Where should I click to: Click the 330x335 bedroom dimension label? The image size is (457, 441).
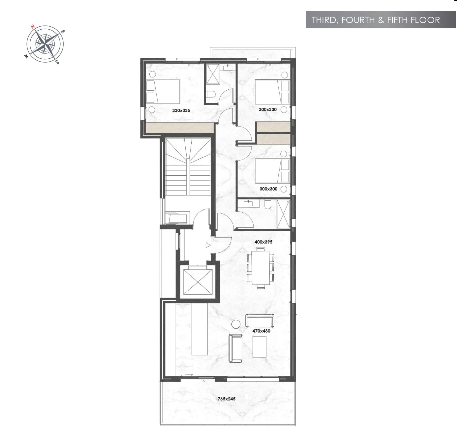(x=181, y=110)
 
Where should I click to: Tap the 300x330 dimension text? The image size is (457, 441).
(x=267, y=109)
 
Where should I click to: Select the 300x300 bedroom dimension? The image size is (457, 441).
(x=268, y=189)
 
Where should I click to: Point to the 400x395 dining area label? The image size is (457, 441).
(x=263, y=242)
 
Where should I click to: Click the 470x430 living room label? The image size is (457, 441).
(x=261, y=331)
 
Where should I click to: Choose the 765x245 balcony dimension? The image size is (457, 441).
(x=227, y=399)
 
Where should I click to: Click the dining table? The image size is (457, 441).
(x=260, y=268)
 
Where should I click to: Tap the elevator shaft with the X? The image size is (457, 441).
(x=198, y=282)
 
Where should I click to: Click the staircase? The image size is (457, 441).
(x=188, y=166)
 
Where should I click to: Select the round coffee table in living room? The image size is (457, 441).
(x=236, y=324)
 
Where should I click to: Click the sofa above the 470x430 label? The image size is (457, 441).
(x=260, y=321)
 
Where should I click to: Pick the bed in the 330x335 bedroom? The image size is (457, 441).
(x=163, y=92)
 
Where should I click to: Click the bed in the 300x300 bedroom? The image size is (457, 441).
(x=272, y=171)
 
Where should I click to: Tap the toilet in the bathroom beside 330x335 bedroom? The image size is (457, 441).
(x=211, y=94)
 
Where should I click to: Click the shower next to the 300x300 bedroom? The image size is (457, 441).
(x=283, y=214)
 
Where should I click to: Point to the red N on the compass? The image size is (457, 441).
(x=33, y=26)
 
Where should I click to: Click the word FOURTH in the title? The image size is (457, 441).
(x=358, y=20)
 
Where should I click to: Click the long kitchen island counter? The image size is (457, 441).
(x=199, y=329)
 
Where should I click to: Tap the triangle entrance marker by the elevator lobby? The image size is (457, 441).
(x=208, y=245)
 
